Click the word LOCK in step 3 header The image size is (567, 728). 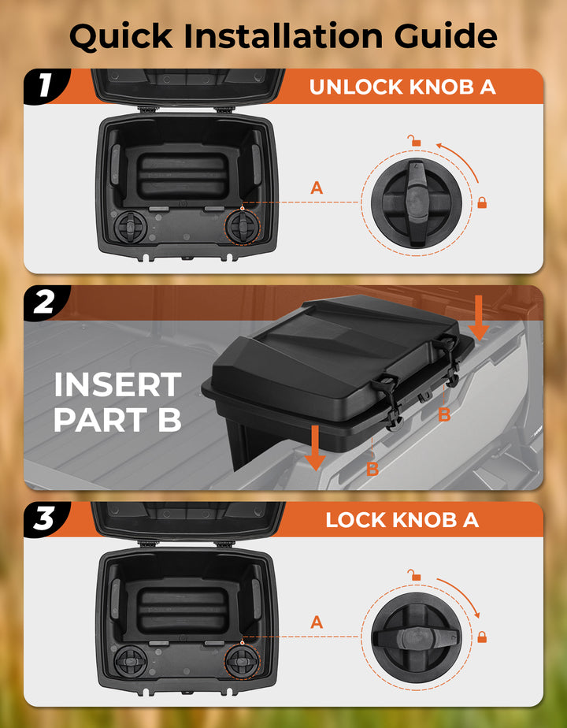pos(357,520)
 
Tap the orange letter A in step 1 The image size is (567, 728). pos(317,188)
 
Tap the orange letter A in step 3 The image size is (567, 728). pos(317,622)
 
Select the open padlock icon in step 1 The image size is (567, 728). pos(413,141)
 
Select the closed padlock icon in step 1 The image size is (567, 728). pos(482,203)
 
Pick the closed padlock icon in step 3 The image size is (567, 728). pos(482,636)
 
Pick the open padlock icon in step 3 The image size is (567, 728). pos(413,575)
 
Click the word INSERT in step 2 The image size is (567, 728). pos(117,385)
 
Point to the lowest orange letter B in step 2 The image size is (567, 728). pos(372,470)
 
